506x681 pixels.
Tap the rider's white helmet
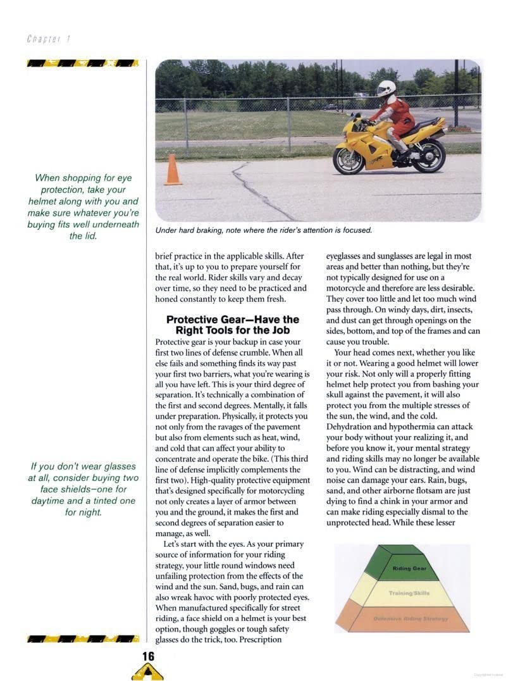point(386,88)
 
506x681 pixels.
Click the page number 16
point(147,656)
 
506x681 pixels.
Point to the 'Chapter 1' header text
point(48,39)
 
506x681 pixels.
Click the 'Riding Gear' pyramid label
point(409,568)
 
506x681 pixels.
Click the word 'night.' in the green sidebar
point(83,512)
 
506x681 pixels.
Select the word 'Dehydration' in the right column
point(351,427)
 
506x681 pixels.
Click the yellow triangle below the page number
point(147,673)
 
